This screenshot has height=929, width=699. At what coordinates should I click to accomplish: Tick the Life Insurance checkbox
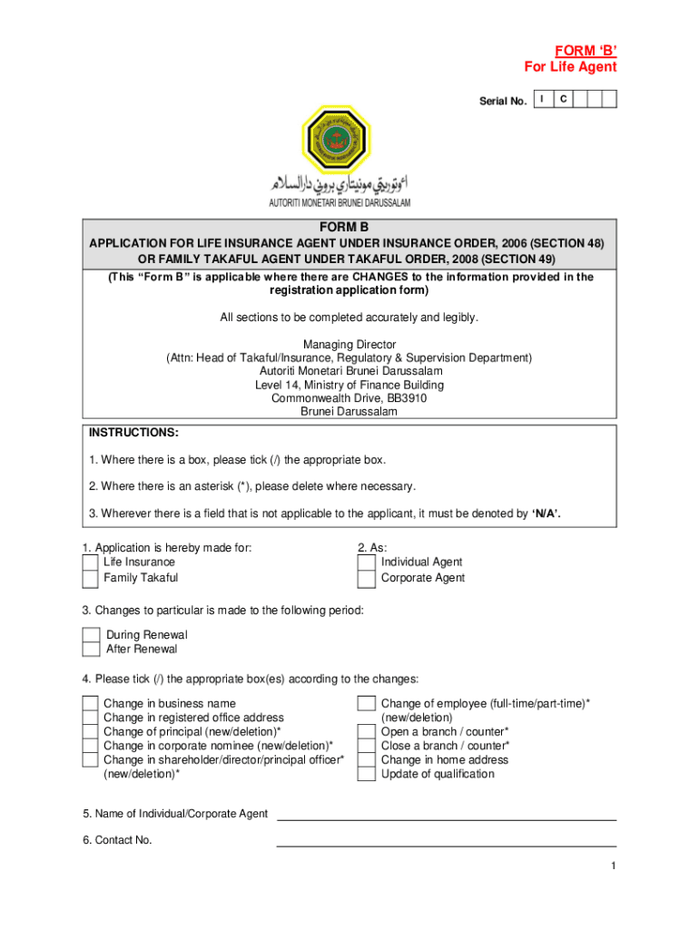pyautogui.click(x=90, y=562)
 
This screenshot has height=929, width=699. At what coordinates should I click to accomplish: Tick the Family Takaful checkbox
pyautogui.click(x=90, y=578)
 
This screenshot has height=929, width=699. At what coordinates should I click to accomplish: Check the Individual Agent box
pyautogui.click(x=366, y=562)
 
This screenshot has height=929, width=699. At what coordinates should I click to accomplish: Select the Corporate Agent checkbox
pyautogui.click(x=366, y=578)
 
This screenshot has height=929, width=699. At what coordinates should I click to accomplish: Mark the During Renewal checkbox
pyautogui.click(x=91, y=635)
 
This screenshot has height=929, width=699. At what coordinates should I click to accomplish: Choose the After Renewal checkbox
pyautogui.click(x=91, y=649)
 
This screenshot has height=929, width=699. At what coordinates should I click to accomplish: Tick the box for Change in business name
pyautogui.click(x=90, y=704)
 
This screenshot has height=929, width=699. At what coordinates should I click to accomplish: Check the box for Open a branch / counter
pyautogui.click(x=366, y=732)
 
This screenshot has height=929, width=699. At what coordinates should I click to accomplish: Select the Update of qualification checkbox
pyautogui.click(x=366, y=774)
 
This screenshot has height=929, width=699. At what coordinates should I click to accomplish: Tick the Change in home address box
pyautogui.click(x=366, y=760)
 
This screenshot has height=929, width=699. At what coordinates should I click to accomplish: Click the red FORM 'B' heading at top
pyautogui.click(x=586, y=50)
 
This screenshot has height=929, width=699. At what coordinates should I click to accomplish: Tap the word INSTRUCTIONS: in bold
pyautogui.click(x=133, y=433)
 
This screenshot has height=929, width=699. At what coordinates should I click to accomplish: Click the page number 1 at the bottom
pyautogui.click(x=613, y=866)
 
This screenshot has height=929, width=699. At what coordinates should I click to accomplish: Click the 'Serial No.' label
pyautogui.click(x=503, y=102)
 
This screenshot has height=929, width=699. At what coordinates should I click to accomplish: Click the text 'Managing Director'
pyautogui.click(x=349, y=345)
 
